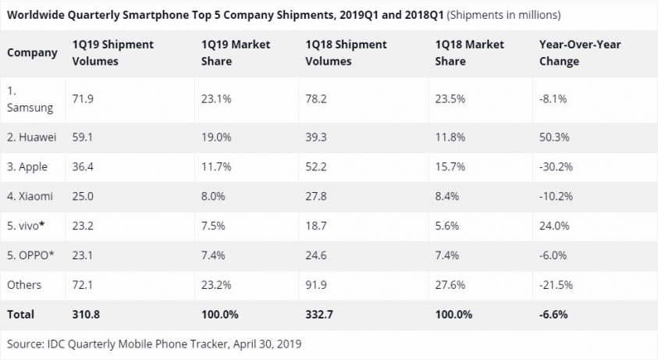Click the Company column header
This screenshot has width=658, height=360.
[32, 53]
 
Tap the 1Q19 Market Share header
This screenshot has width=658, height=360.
[231, 53]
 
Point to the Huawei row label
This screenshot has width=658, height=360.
[32, 137]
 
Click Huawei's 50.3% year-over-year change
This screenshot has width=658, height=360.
[554, 137]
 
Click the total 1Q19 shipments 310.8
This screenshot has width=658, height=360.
[86, 314]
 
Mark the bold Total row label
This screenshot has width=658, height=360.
[20, 314]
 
